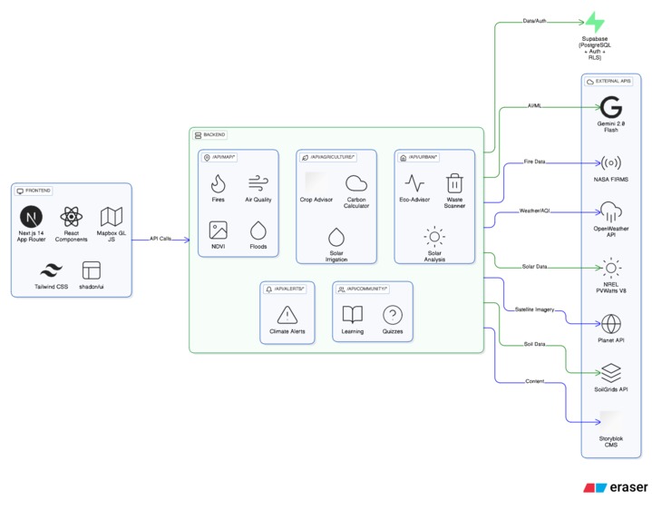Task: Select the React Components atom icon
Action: click(71, 217)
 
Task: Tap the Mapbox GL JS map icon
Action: click(112, 217)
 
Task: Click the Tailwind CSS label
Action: click(52, 287)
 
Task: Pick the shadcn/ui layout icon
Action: click(92, 270)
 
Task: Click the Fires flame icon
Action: click(218, 183)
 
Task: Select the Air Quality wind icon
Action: click(258, 183)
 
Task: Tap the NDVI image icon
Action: click(218, 231)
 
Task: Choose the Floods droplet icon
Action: click(258, 231)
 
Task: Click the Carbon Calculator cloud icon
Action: click(356, 183)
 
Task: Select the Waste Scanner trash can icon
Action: click(454, 183)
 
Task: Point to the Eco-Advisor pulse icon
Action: click(414, 183)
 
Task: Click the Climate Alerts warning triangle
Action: click(287, 315)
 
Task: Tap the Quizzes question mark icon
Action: click(393, 315)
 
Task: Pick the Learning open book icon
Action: click(353, 315)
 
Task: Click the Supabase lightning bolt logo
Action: click(595, 23)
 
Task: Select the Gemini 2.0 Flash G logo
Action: click(611, 107)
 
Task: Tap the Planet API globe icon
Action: click(611, 324)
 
